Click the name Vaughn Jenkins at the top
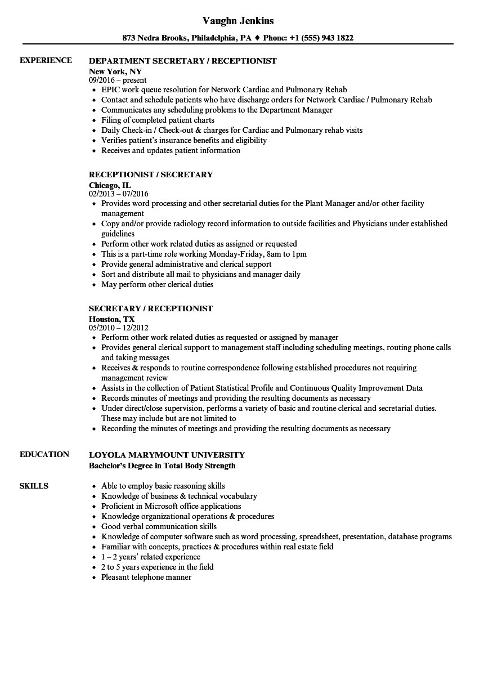(237, 21)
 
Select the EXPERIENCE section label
(46, 60)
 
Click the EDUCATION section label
(44, 454)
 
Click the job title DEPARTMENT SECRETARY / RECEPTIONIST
(183, 61)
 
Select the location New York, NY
(115, 71)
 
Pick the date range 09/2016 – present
(118, 80)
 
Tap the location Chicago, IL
(110, 185)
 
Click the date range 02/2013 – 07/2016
(119, 194)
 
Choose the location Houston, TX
(112, 319)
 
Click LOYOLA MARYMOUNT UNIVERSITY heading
(167, 455)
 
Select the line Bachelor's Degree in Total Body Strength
(162, 466)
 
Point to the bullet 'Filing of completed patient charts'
(158, 120)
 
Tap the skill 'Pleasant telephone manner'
(146, 577)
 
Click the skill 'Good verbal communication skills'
(159, 526)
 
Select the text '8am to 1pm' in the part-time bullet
(287, 254)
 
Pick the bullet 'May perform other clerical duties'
(157, 284)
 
